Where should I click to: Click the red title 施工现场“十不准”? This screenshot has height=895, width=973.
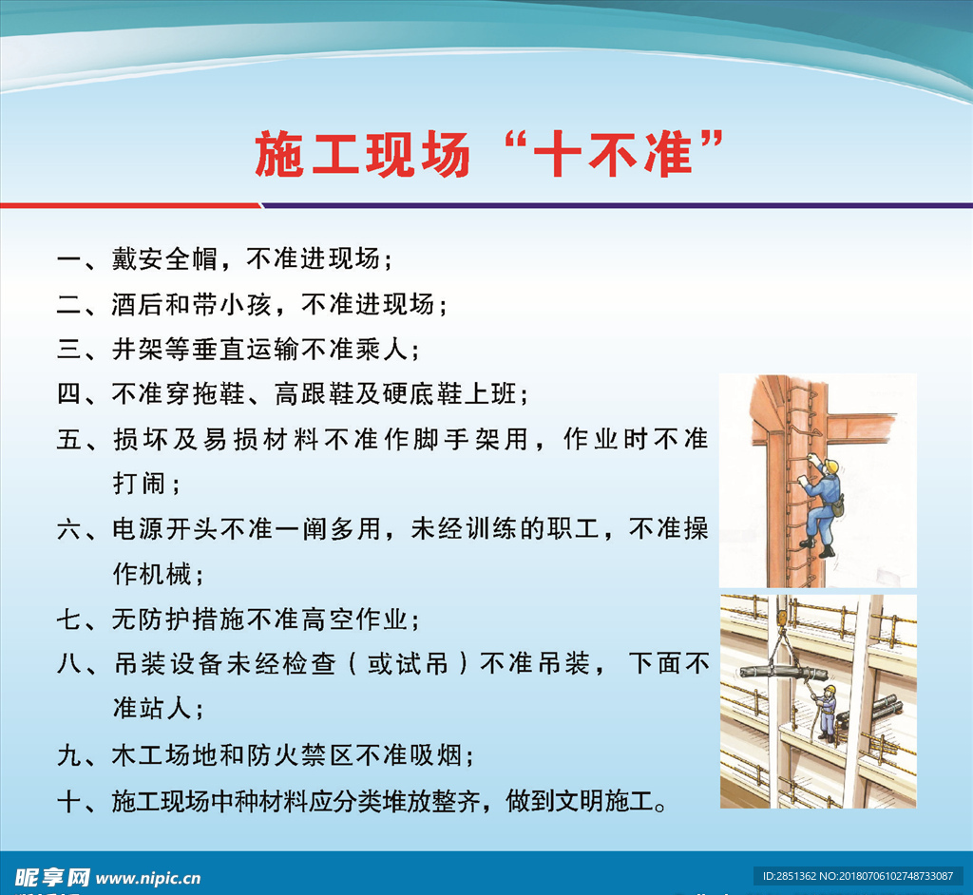pyautogui.click(x=489, y=154)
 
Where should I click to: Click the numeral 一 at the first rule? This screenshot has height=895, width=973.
pyautogui.click(x=68, y=259)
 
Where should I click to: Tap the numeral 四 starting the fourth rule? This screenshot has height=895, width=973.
pyautogui.click(x=68, y=393)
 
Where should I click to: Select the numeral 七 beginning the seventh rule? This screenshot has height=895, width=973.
pyautogui.click(x=68, y=619)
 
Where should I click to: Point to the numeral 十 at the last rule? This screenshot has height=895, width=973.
pyautogui.click(x=68, y=801)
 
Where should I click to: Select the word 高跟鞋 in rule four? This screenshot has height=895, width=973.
pyautogui.click(x=314, y=393)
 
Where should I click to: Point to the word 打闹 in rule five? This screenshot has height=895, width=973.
pyautogui.click(x=139, y=484)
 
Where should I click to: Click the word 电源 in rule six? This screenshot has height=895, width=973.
pyautogui.click(x=139, y=529)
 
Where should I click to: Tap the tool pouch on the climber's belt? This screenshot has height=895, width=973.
pyautogui.click(x=838, y=506)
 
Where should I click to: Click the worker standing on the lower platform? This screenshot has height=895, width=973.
pyautogui.click(x=827, y=714)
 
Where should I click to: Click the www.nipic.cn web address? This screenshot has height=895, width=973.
pyautogui.click(x=149, y=878)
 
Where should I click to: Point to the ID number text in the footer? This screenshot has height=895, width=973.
pyautogui.click(x=858, y=876)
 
